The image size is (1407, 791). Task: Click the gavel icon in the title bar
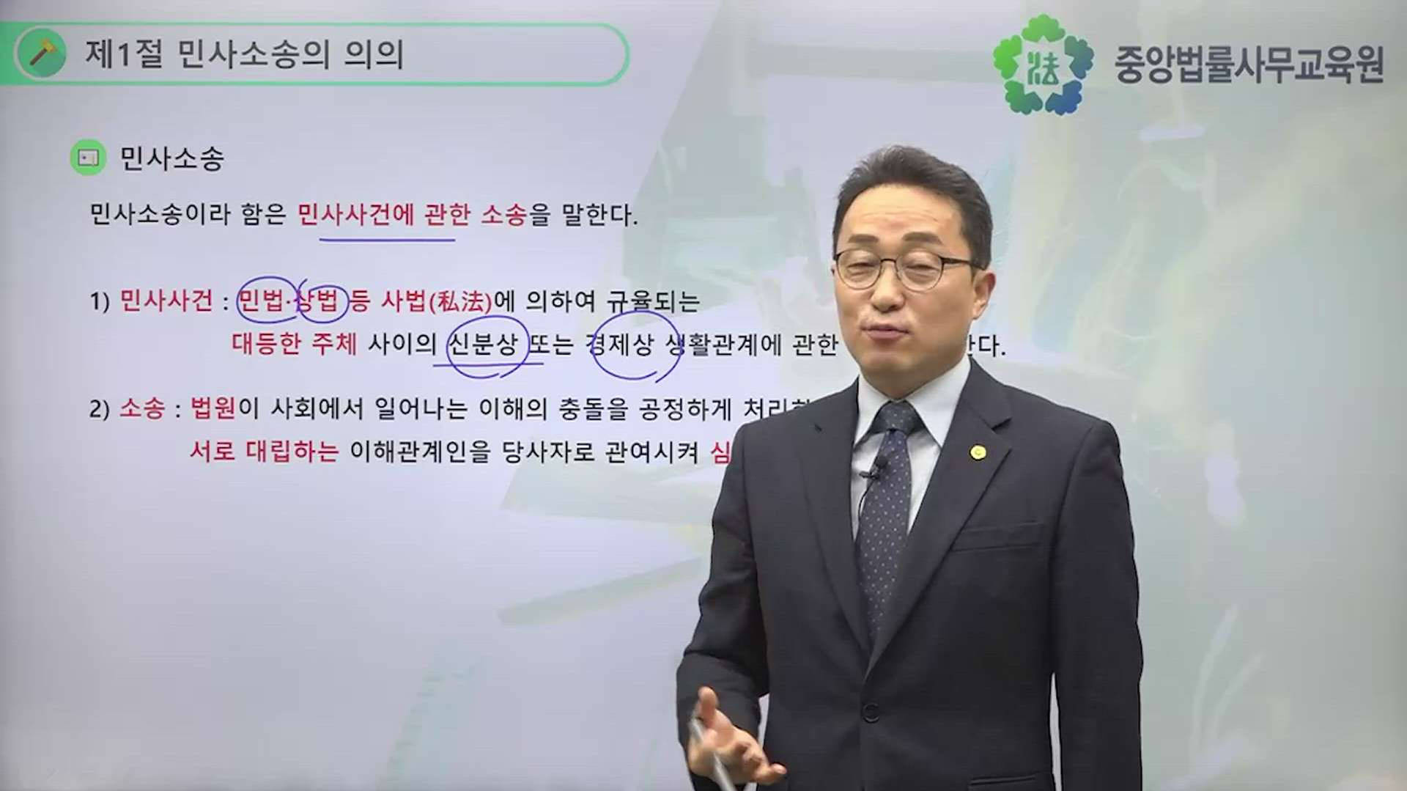click(42, 54)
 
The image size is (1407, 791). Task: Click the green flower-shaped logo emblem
click(1042, 65)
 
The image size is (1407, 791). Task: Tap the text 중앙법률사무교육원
click(1249, 65)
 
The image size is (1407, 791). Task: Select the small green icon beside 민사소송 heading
click(88, 158)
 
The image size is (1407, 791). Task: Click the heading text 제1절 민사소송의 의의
click(244, 54)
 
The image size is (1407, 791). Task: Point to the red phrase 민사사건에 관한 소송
click(412, 215)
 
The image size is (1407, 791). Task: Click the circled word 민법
click(265, 301)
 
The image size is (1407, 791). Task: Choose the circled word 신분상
click(484, 345)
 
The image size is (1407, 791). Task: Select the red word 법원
click(213, 408)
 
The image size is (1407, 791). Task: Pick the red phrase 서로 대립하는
click(264, 451)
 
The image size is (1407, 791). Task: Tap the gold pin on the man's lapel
click(977, 452)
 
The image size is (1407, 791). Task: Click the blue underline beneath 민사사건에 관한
click(387, 238)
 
